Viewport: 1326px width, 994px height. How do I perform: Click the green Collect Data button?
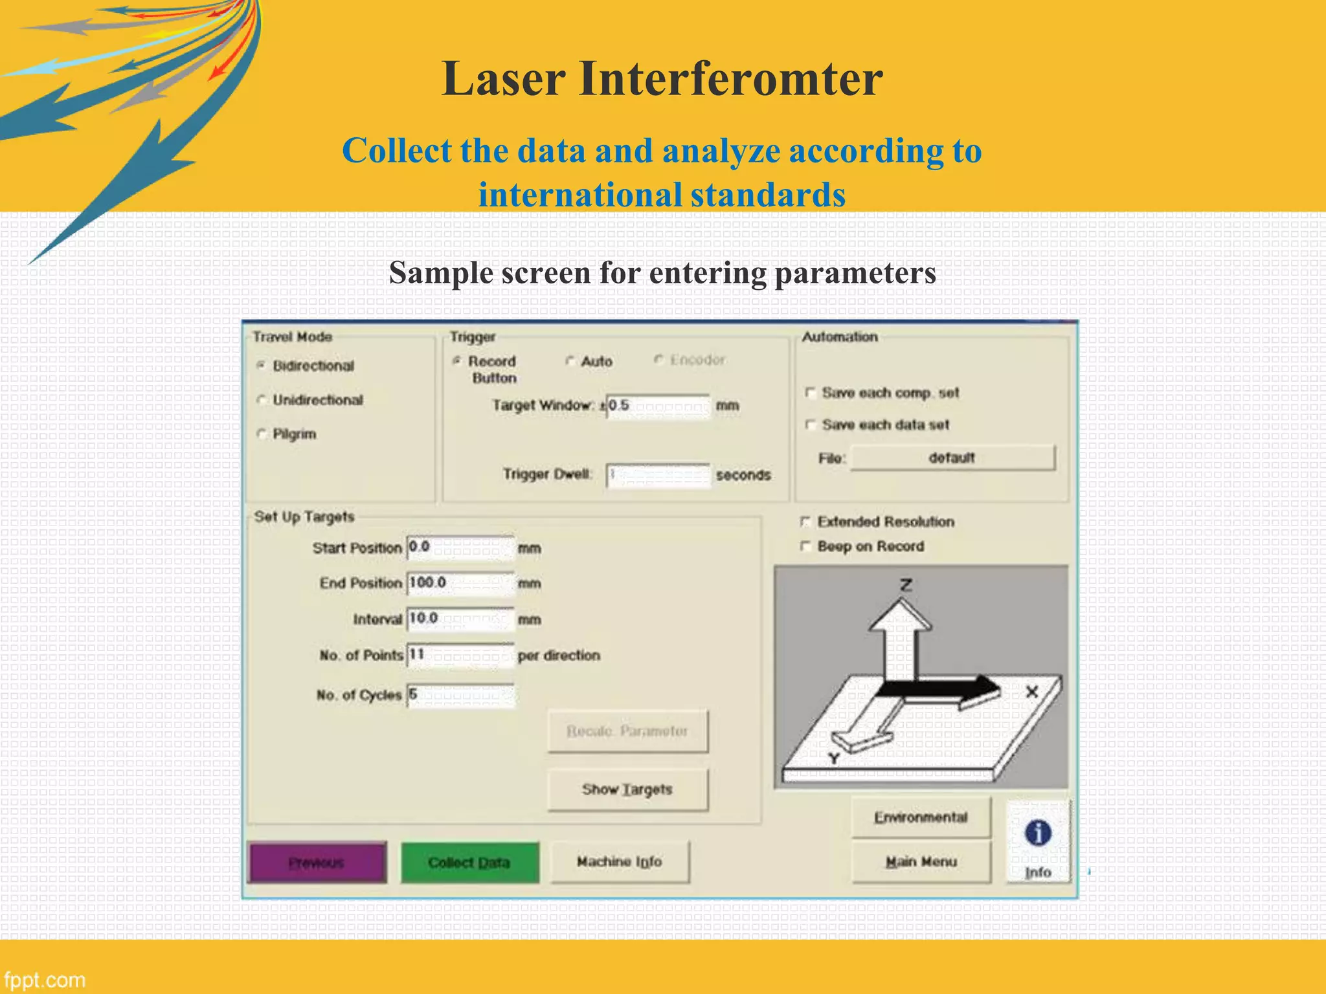[x=469, y=862]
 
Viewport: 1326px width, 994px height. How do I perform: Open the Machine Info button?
[x=620, y=861]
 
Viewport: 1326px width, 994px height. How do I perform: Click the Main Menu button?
[x=921, y=861]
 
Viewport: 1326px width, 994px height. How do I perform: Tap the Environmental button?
[x=921, y=817]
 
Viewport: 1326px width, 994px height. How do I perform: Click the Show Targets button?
[x=627, y=789]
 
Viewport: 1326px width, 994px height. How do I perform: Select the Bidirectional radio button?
[x=262, y=366]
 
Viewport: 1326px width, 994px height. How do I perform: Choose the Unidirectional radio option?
[x=262, y=400]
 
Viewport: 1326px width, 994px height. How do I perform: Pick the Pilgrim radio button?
[x=262, y=434]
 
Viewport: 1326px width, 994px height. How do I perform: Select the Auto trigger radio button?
[x=570, y=361]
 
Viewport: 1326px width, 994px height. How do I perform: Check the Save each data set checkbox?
[x=809, y=425]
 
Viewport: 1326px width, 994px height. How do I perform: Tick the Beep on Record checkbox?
[x=805, y=546]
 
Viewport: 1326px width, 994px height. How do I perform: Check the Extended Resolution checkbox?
[x=805, y=522]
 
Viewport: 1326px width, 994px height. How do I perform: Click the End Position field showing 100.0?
[x=460, y=583]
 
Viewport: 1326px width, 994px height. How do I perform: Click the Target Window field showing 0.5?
[x=658, y=406]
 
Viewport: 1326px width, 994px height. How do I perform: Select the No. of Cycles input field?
[x=460, y=695]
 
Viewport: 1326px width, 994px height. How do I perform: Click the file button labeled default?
[x=952, y=458]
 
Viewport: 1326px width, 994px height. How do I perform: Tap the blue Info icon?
[x=1038, y=834]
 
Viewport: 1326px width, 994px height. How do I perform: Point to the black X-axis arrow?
[x=939, y=690]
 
